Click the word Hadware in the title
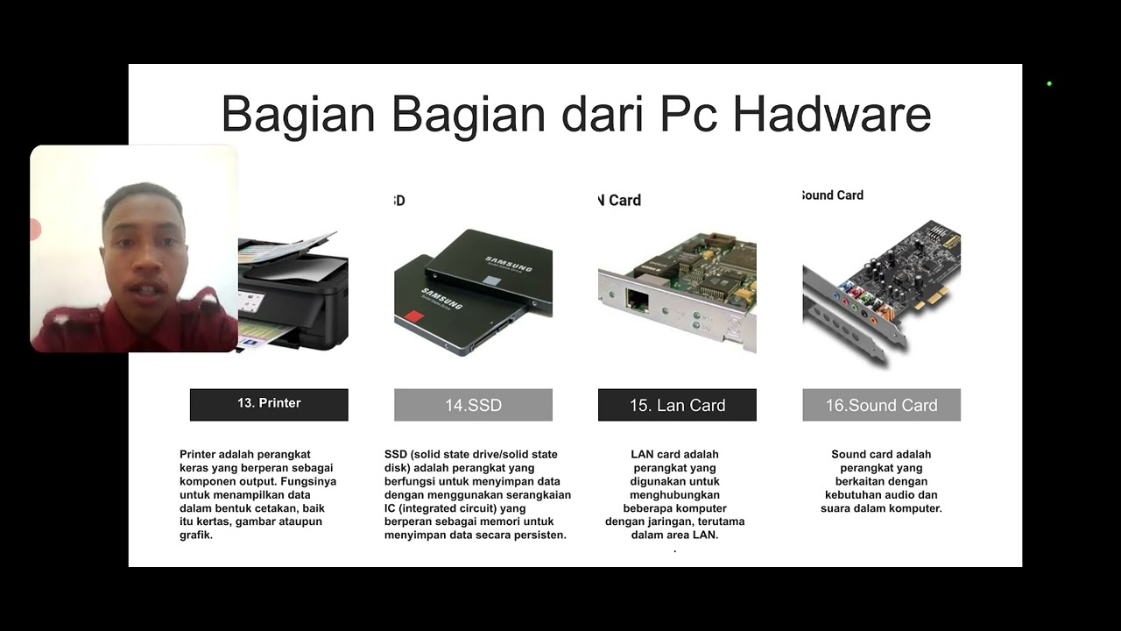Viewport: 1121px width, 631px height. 831,114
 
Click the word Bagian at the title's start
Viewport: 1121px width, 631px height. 299,114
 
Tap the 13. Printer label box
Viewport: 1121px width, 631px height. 269,404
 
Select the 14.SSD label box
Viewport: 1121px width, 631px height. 473,405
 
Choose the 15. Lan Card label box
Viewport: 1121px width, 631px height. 677,405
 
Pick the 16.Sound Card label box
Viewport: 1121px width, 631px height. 881,405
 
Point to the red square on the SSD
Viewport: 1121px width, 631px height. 413,317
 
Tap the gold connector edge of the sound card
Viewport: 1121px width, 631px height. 933,298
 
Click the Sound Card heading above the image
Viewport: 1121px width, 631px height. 833,195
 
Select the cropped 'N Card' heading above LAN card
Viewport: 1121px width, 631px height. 620,201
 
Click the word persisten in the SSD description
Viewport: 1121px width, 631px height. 539,535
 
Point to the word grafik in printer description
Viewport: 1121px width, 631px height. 196,535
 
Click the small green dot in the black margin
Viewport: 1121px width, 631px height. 1049,84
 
